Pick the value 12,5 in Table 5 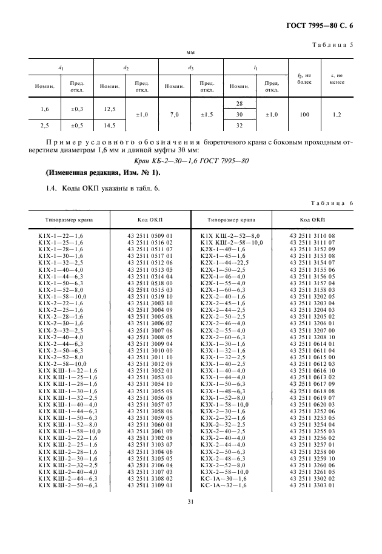pyautogui.click(x=110, y=109)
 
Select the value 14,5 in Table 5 pyautogui.click(x=110, y=125)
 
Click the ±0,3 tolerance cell pyautogui.click(x=76, y=109)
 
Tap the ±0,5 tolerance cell pyautogui.click(x=76, y=125)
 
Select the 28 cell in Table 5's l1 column pyautogui.click(x=239, y=104)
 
